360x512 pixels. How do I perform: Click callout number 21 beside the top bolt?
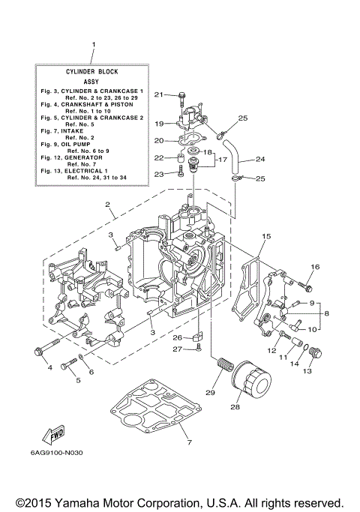tap(158, 94)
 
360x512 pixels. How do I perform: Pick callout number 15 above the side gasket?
tap(265, 237)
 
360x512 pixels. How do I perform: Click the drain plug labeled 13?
tap(315, 352)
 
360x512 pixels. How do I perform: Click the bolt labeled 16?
tap(307, 285)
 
